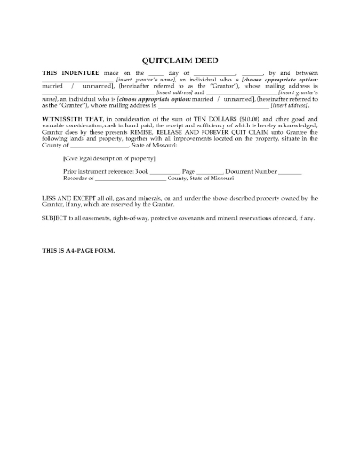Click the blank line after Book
(x=164, y=171)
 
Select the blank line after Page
(x=210, y=171)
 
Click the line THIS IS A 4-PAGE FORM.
(x=79, y=250)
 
